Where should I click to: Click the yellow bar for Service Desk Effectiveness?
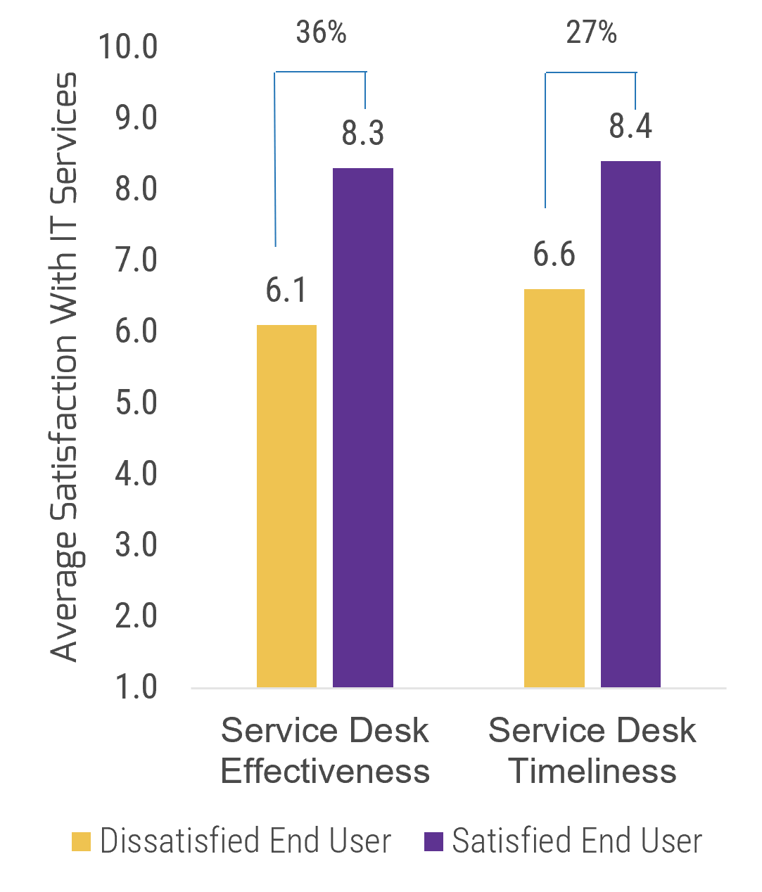(286, 506)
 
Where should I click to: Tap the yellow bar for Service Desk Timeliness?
(554, 488)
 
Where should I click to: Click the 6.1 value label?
(286, 290)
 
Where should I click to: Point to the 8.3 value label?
(363, 134)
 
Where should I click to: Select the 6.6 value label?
(554, 255)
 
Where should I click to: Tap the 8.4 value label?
(630, 127)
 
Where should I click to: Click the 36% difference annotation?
(321, 32)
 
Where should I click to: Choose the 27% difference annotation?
(591, 32)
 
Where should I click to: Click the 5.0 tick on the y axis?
(136, 403)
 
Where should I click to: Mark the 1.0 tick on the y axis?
(136, 687)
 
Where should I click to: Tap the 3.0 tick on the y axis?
(136, 545)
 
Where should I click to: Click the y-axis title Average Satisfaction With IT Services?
(65, 366)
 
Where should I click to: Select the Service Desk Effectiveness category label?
(325, 751)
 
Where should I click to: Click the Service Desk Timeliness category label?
(592, 751)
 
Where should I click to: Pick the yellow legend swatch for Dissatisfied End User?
(82, 841)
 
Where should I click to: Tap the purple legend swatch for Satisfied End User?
(434, 841)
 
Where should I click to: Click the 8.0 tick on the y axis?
(136, 190)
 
